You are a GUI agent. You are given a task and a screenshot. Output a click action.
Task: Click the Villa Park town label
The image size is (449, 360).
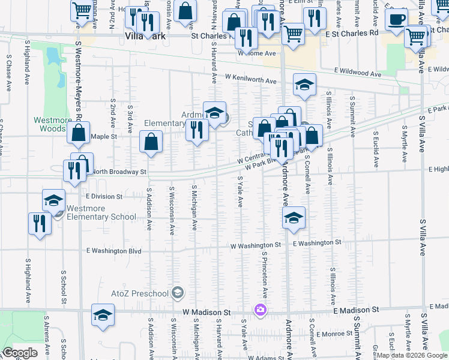pos(144,35)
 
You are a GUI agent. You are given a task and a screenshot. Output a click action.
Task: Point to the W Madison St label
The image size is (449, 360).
pos(206,312)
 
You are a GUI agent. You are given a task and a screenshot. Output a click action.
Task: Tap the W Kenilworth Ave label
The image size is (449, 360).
pos(250,79)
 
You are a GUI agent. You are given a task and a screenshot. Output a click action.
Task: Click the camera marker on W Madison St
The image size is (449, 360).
pos(261,310)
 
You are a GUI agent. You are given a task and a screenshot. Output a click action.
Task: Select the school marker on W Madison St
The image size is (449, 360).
pos(103,314)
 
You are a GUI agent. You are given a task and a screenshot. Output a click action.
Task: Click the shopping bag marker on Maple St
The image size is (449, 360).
pos(151,142)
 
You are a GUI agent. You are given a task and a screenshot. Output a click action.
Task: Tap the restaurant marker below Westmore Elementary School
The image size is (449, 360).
pos(40,223)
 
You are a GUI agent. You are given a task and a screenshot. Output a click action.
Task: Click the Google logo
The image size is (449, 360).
pos(20,353)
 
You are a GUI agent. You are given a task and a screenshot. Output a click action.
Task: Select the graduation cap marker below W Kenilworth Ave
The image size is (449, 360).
pos(305,85)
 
